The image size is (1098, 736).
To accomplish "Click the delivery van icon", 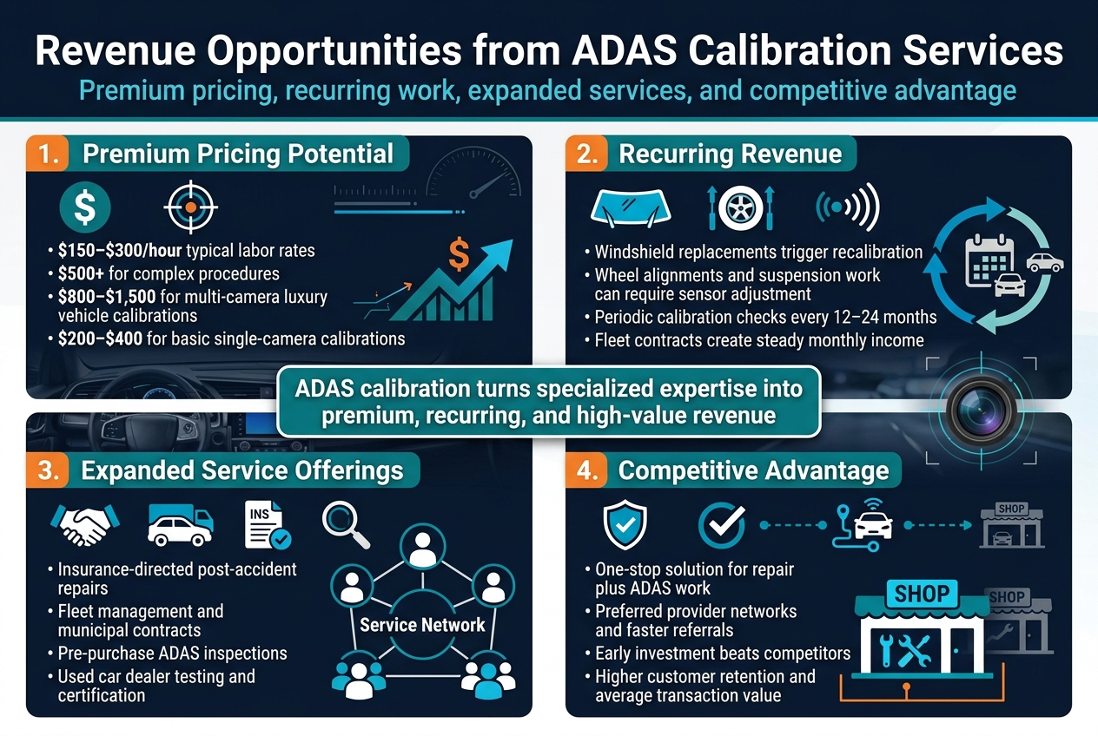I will point(180,525).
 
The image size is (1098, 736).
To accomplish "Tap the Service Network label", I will point(422,625).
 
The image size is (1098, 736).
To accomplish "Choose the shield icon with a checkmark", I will point(625,525).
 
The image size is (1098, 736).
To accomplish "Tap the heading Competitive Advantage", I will point(753,471).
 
